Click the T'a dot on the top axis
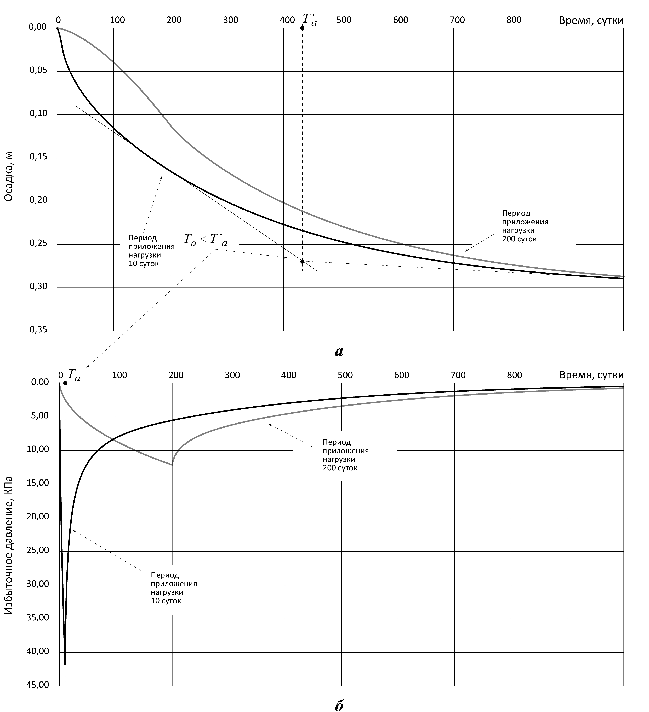(x=302, y=28)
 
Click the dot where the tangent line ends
(x=302, y=261)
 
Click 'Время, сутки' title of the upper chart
(x=591, y=20)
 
